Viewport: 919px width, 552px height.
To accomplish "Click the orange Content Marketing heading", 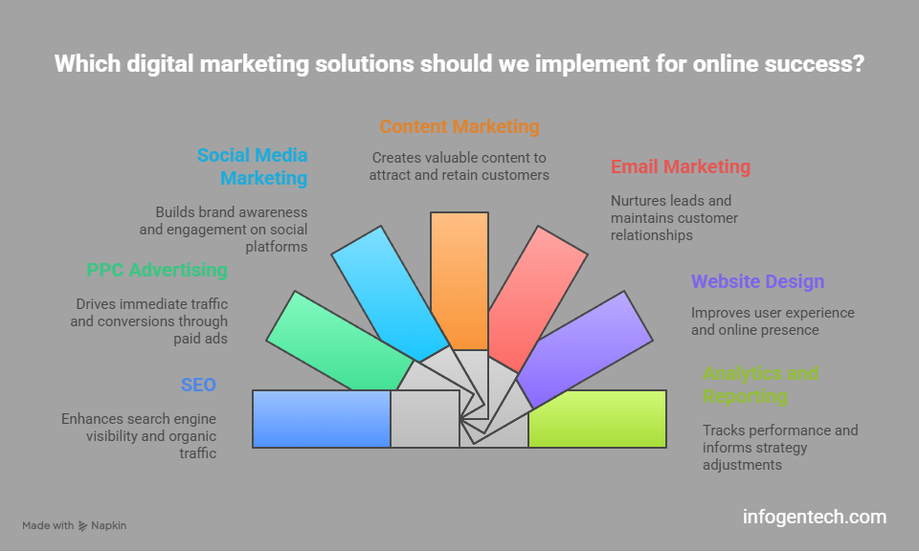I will point(459,126).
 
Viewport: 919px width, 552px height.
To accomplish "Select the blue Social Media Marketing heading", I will point(253,166).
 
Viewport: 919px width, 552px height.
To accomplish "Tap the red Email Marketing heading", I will point(681,166).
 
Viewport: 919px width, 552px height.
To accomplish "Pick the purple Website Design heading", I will point(758,281).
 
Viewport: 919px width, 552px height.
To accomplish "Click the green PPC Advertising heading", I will point(157,270).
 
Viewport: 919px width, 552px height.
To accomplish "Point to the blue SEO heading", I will point(198,385).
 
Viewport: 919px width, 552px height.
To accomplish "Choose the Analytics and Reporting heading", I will point(760,385).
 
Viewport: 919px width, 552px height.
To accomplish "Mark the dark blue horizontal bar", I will point(322,419).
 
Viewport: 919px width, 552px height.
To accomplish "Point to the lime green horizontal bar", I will point(596,419).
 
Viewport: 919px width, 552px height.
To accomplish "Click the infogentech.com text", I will point(815,518).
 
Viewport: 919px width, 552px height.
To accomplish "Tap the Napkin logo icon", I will point(83,526).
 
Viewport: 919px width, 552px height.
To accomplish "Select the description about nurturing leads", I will point(674,218).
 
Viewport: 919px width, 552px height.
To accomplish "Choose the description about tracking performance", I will point(780,448).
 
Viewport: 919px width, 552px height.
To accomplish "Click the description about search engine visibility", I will point(139,436).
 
